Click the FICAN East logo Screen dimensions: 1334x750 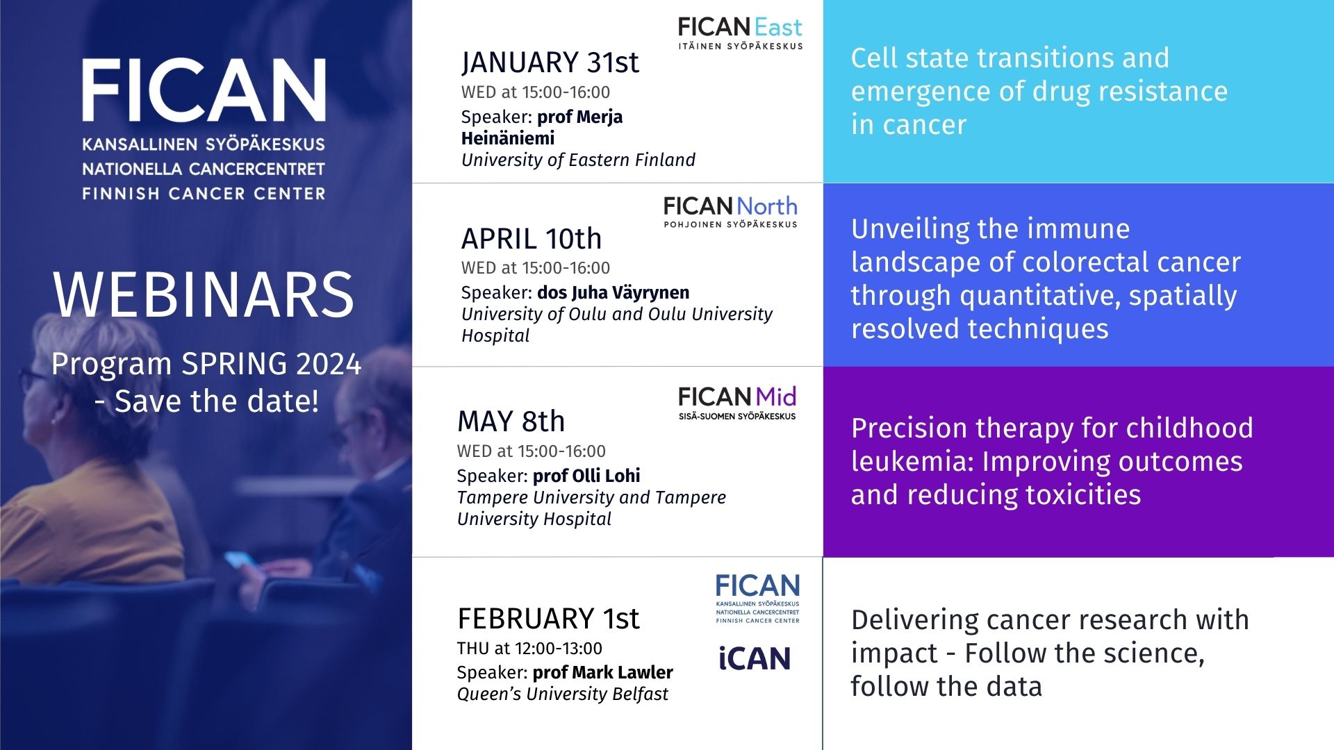[741, 33]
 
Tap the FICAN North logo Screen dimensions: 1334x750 [730, 212]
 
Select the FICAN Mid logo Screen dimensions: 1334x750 [737, 403]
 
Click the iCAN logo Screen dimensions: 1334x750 [755, 658]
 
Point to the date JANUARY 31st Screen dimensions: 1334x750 [550, 62]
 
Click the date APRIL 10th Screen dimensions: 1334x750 [532, 239]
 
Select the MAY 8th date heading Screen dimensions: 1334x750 [511, 422]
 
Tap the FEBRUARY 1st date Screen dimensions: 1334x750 [548, 619]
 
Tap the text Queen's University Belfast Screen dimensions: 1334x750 [563, 694]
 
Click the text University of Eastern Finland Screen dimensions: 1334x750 [578, 160]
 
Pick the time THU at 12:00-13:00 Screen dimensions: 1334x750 [529, 649]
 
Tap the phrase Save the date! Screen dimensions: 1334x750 [217, 401]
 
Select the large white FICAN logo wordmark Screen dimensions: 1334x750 [204, 90]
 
